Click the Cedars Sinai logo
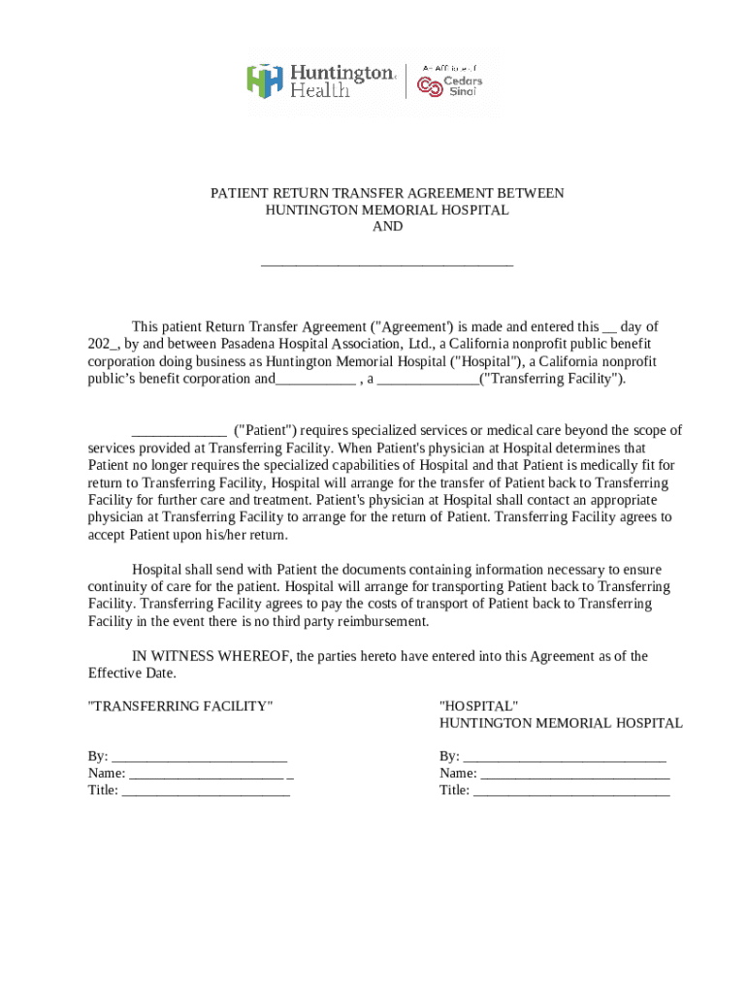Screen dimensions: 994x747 click(449, 83)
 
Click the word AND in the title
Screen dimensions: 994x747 click(387, 227)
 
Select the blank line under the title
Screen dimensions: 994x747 click(387, 262)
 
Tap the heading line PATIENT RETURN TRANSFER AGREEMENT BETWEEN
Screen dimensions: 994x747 click(387, 194)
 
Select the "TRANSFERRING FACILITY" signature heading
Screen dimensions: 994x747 click(180, 707)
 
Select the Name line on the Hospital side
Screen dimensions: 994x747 click(574, 775)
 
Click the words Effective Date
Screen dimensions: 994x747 click(132, 674)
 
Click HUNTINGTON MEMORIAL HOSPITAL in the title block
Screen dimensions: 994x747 click(387, 211)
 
